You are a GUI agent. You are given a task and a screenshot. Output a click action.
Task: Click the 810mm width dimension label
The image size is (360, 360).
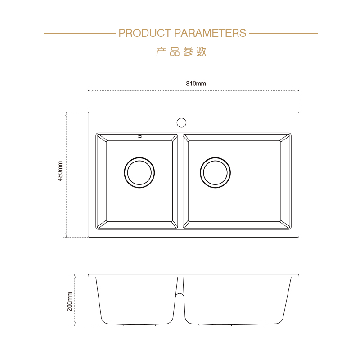196,84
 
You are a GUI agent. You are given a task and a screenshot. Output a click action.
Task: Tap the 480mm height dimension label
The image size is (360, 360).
60,171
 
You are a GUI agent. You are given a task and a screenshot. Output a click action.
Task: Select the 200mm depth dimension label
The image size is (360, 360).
70,301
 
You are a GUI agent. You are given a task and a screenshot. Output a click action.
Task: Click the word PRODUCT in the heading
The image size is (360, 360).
145,33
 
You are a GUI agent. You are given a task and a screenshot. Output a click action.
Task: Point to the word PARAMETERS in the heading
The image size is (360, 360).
210,33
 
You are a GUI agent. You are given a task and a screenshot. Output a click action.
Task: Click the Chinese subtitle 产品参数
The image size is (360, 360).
181,52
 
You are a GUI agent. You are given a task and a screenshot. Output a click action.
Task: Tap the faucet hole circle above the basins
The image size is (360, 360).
181,122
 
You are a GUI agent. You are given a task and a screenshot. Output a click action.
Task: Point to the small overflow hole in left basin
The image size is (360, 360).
139,137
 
